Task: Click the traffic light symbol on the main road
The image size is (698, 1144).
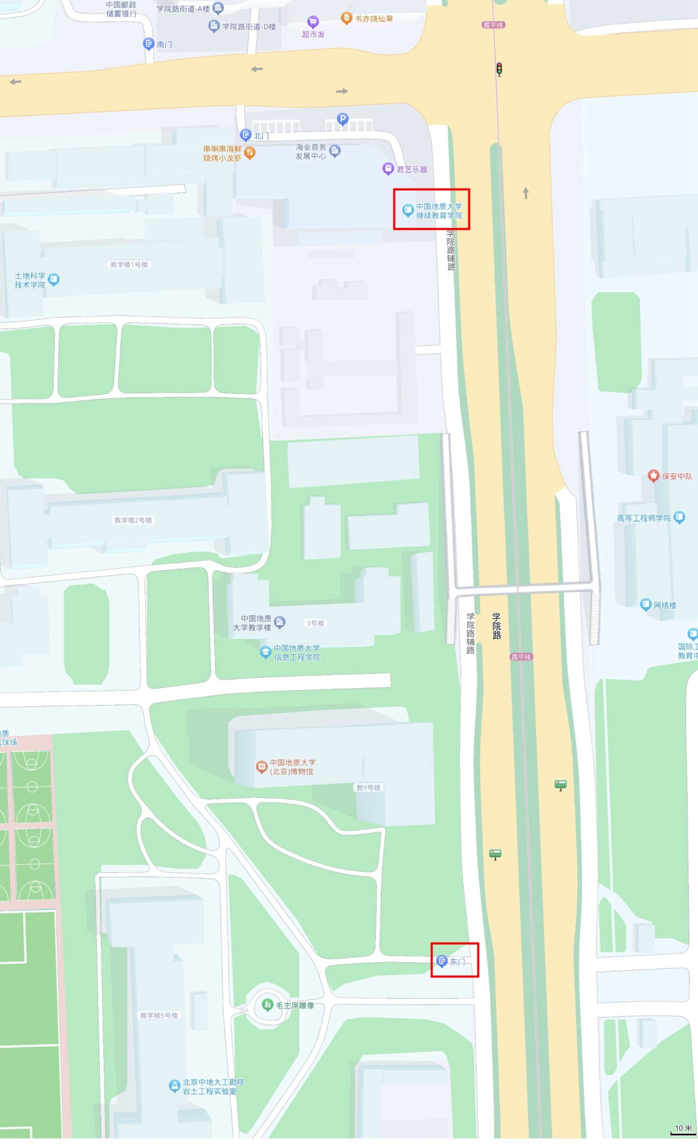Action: (499, 69)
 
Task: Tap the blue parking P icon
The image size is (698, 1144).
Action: (343, 119)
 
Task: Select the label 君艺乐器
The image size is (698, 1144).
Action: (412, 169)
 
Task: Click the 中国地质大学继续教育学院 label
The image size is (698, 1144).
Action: (439, 211)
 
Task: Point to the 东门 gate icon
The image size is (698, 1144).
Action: (442, 961)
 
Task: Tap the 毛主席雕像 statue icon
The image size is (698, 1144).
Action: (268, 1005)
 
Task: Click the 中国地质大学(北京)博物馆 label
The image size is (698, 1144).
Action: (292, 767)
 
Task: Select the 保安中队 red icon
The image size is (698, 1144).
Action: (653, 476)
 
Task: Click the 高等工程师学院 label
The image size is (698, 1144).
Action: (644, 518)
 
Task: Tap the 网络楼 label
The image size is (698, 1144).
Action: (664, 605)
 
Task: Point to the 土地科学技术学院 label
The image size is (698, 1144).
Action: (30, 280)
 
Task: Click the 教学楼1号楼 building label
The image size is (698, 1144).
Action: (129, 265)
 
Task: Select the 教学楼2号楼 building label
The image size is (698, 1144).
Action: (133, 520)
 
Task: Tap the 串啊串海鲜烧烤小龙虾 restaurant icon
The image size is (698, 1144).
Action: (250, 153)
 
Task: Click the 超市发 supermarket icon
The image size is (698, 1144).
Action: (313, 22)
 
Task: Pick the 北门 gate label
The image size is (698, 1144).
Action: (261, 136)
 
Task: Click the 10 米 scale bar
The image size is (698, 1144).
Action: (683, 1129)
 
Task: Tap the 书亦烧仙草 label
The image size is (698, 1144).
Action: (374, 19)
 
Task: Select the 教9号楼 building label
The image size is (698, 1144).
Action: (368, 788)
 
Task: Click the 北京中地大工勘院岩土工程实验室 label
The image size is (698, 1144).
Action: (213, 1087)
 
